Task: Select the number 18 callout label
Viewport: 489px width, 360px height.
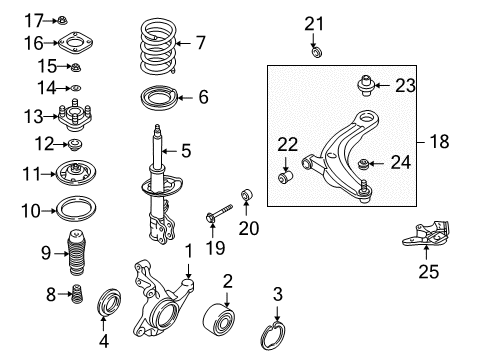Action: (x=440, y=141)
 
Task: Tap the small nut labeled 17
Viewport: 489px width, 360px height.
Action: (x=62, y=20)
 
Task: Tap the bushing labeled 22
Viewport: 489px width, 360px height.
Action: (x=285, y=176)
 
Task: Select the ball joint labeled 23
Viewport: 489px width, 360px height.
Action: (x=366, y=85)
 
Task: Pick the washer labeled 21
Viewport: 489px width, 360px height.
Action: (x=316, y=52)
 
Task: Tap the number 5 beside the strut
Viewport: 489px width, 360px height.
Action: (x=186, y=151)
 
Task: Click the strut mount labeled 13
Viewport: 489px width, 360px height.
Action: (x=75, y=116)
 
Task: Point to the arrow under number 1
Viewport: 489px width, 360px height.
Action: (x=189, y=271)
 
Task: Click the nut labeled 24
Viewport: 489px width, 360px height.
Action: (x=363, y=164)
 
